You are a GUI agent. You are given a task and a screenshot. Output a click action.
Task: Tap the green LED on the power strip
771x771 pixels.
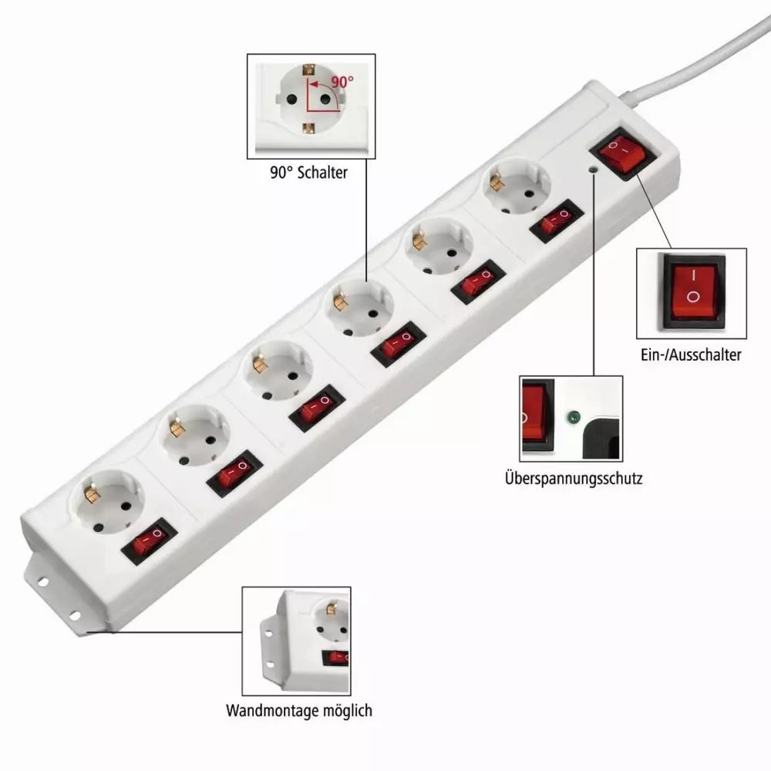pyautogui.click(x=594, y=170)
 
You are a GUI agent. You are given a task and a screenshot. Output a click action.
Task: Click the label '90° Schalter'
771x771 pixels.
pyautogui.click(x=309, y=173)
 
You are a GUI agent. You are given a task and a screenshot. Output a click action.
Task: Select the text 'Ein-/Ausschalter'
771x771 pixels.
pyautogui.click(x=691, y=355)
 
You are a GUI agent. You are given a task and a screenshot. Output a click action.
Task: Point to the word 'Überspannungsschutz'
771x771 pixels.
pyautogui.click(x=574, y=478)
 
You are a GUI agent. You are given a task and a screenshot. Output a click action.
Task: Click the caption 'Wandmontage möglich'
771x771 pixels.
pyautogui.click(x=299, y=711)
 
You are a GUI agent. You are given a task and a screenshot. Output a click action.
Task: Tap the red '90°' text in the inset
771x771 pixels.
pyautogui.click(x=342, y=82)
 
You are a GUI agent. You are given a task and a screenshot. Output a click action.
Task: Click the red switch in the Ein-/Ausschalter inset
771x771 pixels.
pyautogui.click(x=694, y=291)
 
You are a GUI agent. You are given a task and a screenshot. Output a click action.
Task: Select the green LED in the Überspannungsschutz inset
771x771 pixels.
pyautogui.click(x=574, y=418)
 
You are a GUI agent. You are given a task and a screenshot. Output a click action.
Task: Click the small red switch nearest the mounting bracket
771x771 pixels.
pyautogui.click(x=149, y=540)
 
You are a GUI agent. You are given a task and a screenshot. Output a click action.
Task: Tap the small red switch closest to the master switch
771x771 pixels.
pyautogui.click(x=557, y=221)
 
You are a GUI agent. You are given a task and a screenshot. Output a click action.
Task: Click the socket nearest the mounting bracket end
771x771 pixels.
pyautogui.click(x=108, y=502)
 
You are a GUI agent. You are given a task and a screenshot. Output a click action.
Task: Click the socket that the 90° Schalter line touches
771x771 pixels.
pyautogui.click(x=359, y=308)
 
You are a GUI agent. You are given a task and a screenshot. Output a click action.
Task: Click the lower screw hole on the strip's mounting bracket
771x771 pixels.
pyautogui.click(x=75, y=615)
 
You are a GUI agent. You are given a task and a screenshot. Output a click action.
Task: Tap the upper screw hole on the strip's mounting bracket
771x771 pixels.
pyautogui.click(x=43, y=582)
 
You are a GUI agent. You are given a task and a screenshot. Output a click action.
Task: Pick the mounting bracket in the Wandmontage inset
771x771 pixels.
pyautogui.click(x=269, y=649)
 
